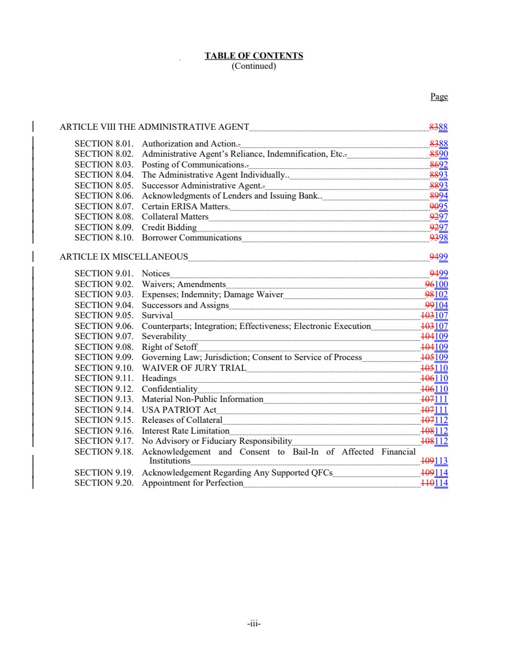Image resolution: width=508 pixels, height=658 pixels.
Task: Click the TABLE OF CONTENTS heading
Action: pyautogui.click(x=254, y=56)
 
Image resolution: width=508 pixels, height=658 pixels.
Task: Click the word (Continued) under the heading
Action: pyautogui.click(x=254, y=66)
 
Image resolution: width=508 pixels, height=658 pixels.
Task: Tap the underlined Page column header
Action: pyautogui.click(x=439, y=97)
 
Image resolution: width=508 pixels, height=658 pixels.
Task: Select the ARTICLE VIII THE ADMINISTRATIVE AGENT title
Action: pyautogui.click(x=154, y=127)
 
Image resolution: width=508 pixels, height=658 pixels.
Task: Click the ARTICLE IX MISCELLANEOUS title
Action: pyautogui.click(x=124, y=257)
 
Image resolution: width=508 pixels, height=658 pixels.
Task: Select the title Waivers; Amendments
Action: pyautogui.click(x=184, y=284)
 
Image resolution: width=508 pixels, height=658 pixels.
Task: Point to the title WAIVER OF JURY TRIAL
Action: pyautogui.click(x=194, y=367)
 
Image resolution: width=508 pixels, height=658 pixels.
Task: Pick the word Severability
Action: pyautogui.click(x=164, y=336)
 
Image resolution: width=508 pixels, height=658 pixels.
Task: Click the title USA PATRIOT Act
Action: pyautogui.click(x=178, y=409)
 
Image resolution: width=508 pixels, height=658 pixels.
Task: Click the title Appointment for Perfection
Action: pyautogui.click(x=192, y=483)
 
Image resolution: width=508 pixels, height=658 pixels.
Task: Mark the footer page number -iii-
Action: pyautogui.click(x=254, y=623)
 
